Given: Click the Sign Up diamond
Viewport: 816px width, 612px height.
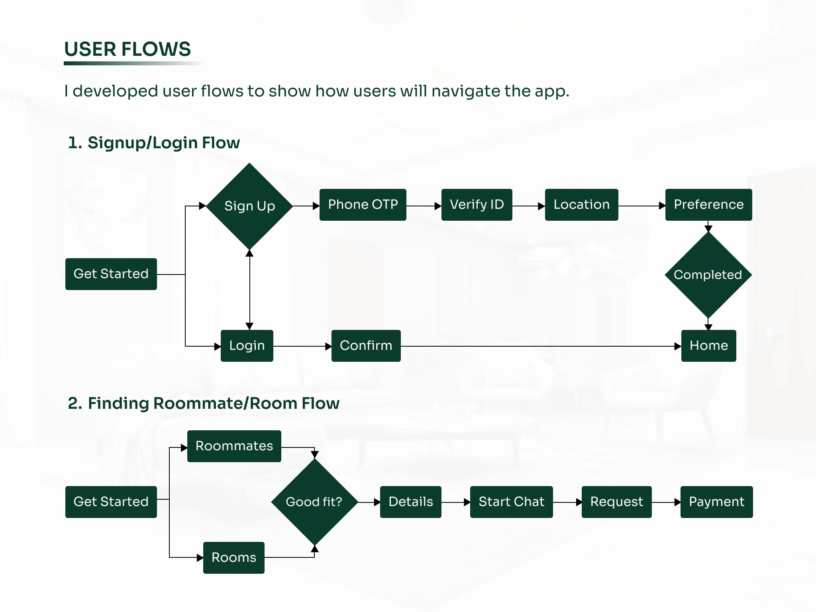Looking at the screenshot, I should [249, 206].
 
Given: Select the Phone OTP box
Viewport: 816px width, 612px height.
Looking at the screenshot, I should [363, 205].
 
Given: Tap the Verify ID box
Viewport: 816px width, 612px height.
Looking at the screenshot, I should [477, 205].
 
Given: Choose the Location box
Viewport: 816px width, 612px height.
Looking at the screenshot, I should [581, 205].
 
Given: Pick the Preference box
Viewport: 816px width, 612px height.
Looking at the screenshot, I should [708, 205].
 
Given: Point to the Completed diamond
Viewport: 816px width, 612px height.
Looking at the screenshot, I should [708, 275].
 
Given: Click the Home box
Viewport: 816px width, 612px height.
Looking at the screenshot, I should [708, 346].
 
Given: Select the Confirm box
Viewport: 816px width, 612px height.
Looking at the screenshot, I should [366, 346].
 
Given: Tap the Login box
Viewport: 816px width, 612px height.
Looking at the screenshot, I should [247, 346].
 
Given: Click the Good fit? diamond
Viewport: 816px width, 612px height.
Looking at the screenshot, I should [314, 502].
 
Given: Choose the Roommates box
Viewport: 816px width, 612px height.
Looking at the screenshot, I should [234, 446].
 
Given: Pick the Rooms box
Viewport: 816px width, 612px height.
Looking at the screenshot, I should [233, 558].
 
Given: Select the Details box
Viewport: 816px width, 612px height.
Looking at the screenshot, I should [410, 502].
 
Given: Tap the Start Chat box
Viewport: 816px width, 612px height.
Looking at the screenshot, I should [511, 502].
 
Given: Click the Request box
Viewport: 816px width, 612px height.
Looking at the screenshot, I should [616, 502].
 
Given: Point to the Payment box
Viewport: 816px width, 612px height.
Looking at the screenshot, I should [716, 502].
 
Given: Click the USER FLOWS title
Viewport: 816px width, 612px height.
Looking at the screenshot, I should [127, 49].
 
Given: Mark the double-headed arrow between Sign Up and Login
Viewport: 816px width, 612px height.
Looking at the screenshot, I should [249, 290].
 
